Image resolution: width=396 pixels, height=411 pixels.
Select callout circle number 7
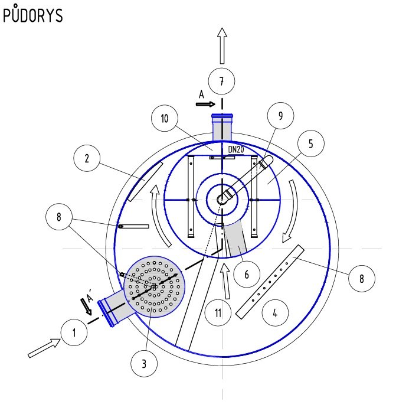[221, 81]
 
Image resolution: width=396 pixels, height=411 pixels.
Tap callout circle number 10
[165, 119]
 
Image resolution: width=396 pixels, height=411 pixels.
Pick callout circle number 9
[280, 116]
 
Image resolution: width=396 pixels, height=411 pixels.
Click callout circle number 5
[311, 143]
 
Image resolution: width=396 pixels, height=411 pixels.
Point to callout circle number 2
[87, 158]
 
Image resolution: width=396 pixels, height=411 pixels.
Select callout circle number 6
[247, 275]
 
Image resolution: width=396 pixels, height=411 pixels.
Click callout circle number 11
[218, 313]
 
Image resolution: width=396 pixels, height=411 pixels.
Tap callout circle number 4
[275, 313]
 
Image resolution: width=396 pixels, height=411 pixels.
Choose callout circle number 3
[144, 364]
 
